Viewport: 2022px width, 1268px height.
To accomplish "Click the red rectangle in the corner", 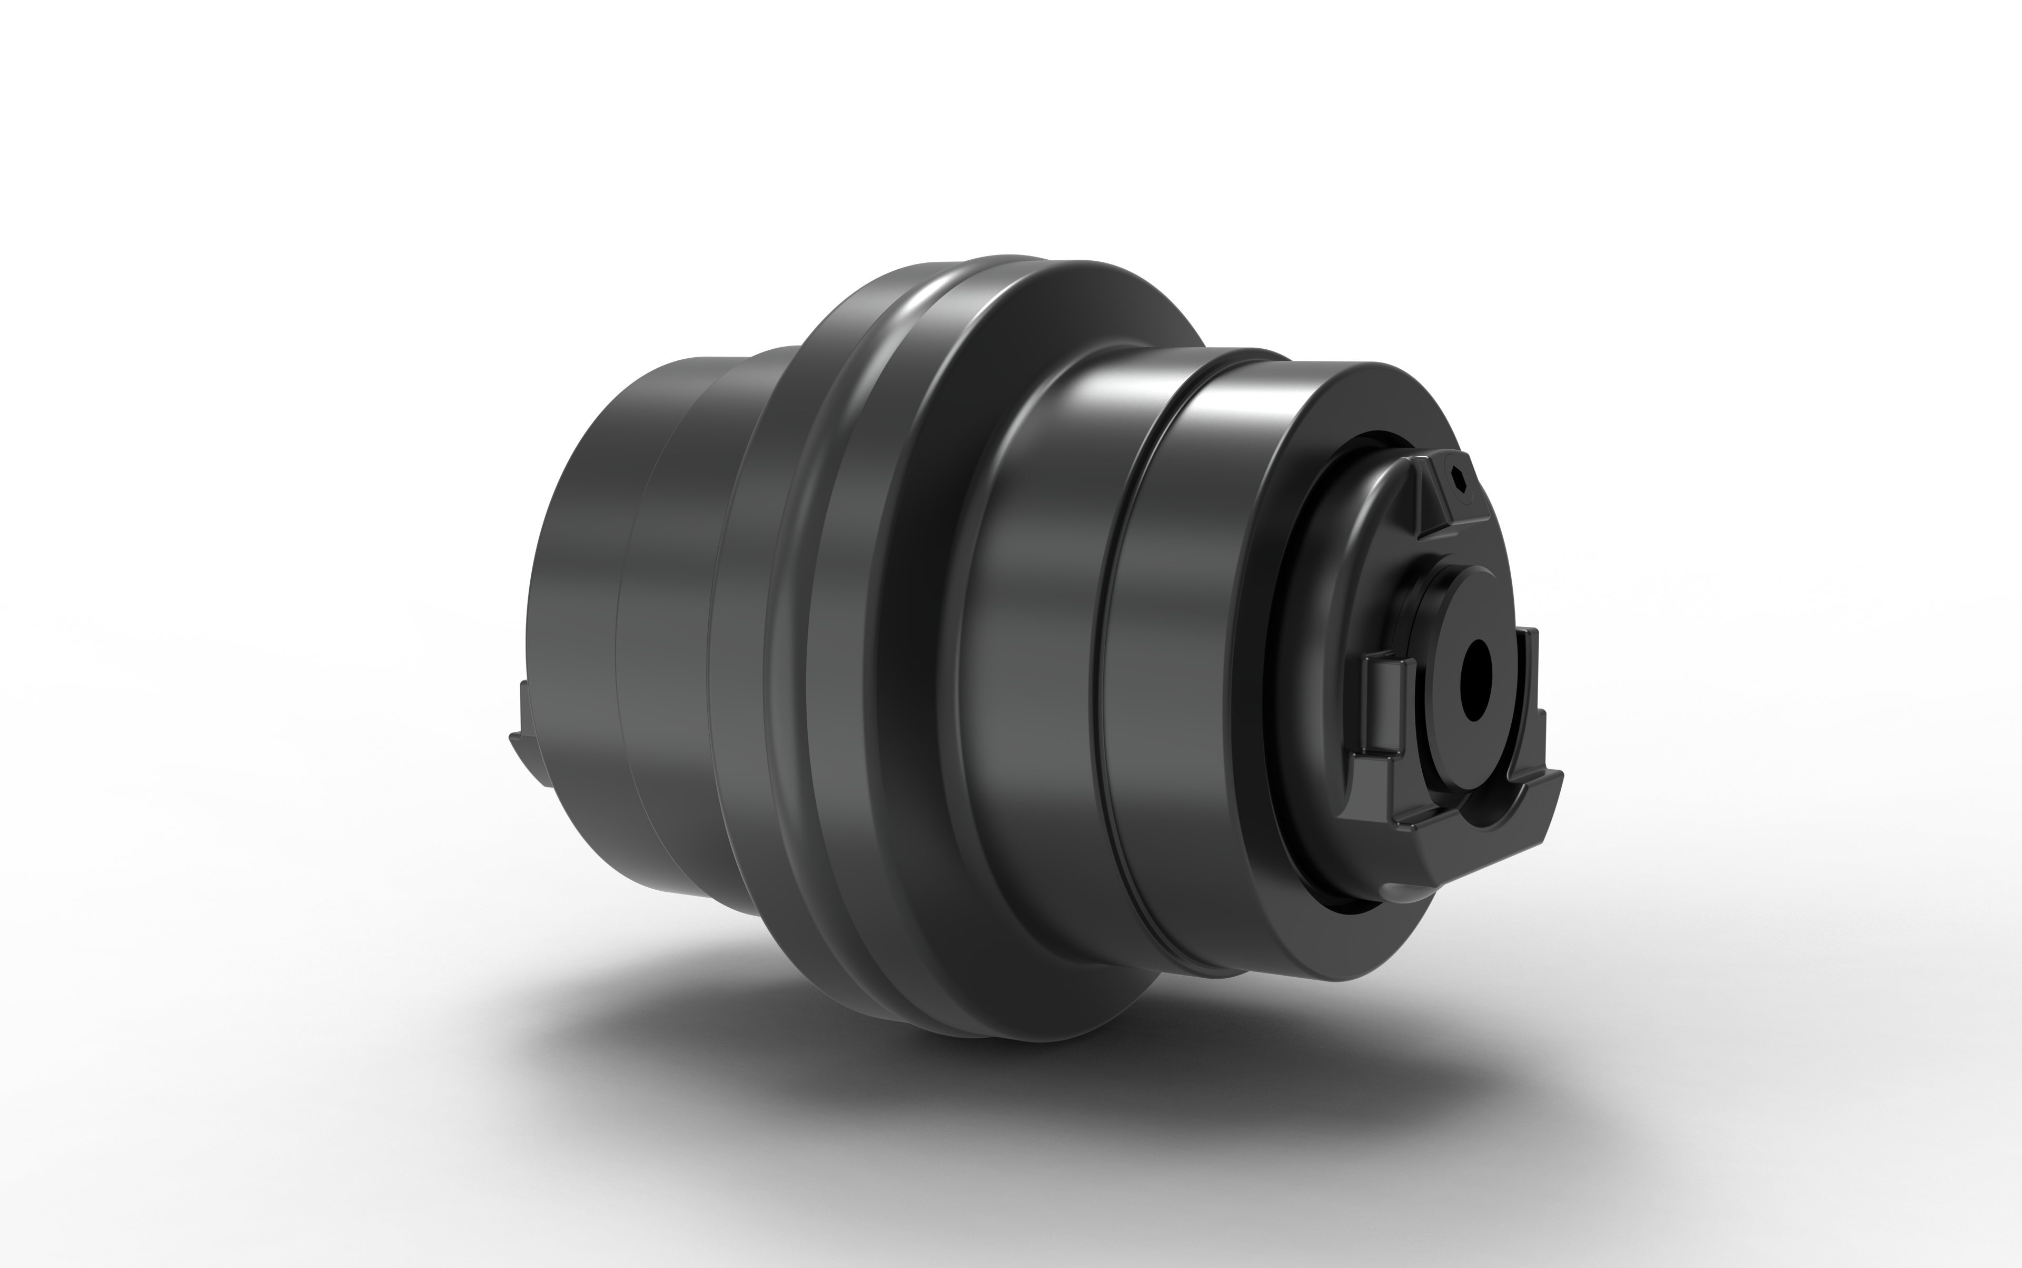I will (x=1819, y=126).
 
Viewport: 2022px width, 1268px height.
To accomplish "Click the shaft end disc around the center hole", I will (x=1450, y=637).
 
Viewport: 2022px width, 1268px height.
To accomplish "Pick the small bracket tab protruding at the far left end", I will (x=528, y=738).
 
